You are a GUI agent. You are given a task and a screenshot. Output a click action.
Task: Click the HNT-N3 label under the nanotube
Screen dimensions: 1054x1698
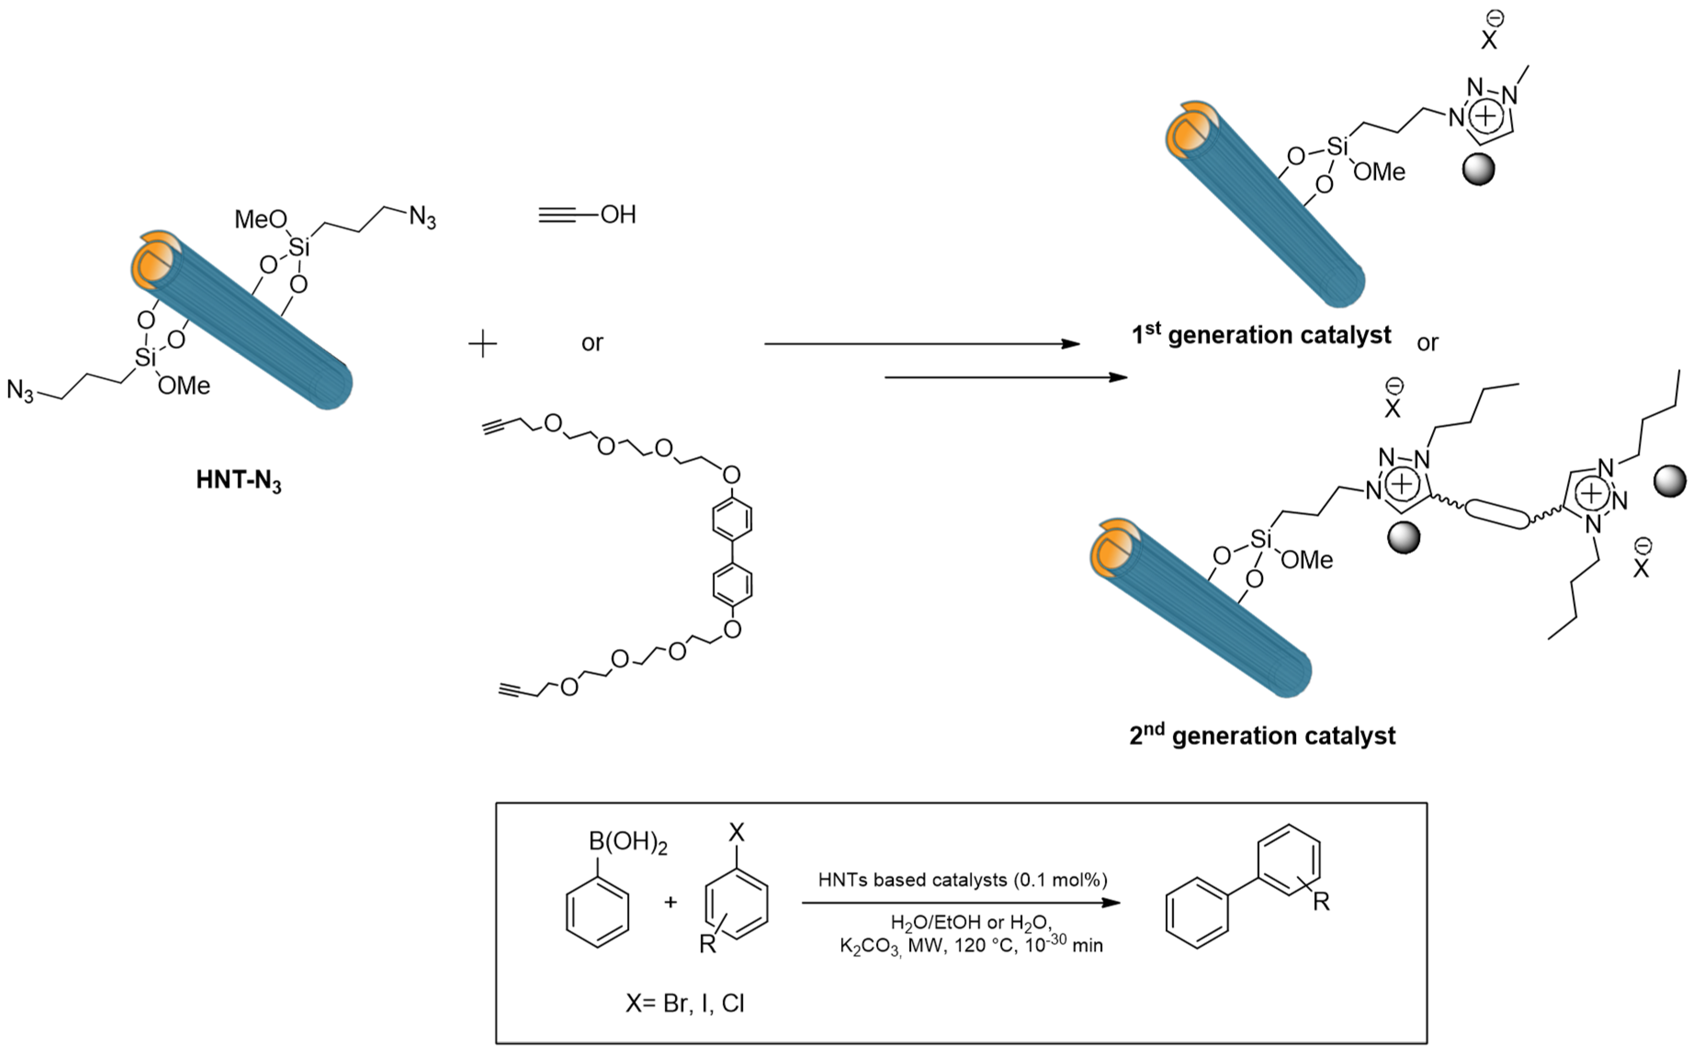click(x=238, y=481)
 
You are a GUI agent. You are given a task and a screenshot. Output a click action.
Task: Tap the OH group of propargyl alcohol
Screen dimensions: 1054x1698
click(x=618, y=215)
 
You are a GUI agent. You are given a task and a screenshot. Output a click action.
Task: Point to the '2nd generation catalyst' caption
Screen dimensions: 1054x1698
click(x=1262, y=735)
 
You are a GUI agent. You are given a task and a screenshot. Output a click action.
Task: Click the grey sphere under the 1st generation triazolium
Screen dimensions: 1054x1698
click(x=1478, y=169)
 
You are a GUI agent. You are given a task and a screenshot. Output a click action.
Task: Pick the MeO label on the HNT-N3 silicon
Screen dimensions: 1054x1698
click(x=260, y=220)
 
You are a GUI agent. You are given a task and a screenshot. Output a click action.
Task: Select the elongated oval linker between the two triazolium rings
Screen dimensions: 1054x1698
click(x=1497, y=514)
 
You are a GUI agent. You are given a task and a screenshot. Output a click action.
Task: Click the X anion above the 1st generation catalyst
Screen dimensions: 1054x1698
click(x=1488, y=40)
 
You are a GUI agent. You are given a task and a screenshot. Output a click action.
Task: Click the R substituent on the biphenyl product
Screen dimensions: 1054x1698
click(x=1321, y=902)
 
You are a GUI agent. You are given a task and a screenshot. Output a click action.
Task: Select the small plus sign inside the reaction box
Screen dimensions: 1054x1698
click(x=671, y=902)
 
